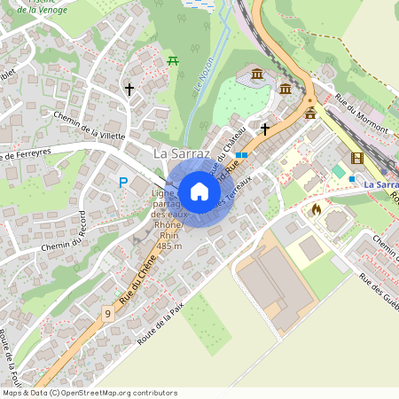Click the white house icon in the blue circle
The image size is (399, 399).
[x=199, y=191]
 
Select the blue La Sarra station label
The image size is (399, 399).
[x=381, y=184]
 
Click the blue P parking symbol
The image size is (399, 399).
[x=123, y=183]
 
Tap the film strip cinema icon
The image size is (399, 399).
[x=356, y=159]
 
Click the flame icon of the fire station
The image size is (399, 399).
[x=317, y=210]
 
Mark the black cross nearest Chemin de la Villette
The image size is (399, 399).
[x=129, y=90]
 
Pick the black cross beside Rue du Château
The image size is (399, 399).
[x=264, y=129]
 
